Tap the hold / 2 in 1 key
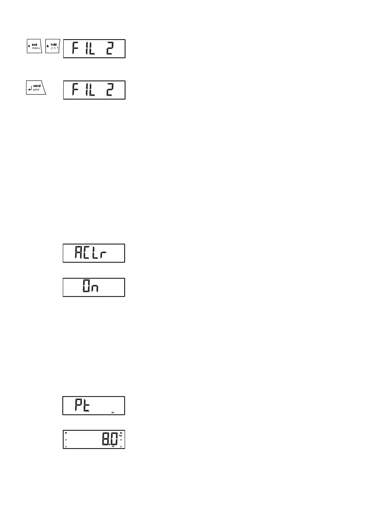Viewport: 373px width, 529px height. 52,46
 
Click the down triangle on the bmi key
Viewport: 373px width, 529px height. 29,46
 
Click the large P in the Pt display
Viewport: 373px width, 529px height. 73,405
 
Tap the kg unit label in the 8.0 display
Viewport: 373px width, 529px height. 121,435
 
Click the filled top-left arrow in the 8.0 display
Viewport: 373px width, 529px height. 66,432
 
